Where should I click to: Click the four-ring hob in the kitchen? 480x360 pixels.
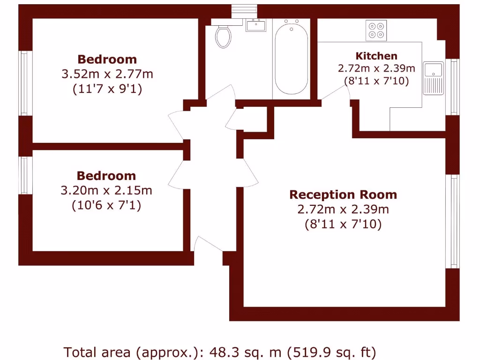[x=376, y=30]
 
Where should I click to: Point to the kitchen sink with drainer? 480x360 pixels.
[x=433, y=78]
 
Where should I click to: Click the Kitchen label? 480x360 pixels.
[x=376, y=56]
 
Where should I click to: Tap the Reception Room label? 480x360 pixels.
[x=343, y=195]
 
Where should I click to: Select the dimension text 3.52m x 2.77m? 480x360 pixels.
[x=107, y=74]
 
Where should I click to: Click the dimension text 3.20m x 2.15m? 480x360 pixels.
[x=106, y=190]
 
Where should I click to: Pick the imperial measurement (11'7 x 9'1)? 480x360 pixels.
[x=107, y=89]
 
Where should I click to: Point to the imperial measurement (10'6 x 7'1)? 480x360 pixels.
[x=106, y=205]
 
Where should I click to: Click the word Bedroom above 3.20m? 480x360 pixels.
[x=106, y=176]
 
